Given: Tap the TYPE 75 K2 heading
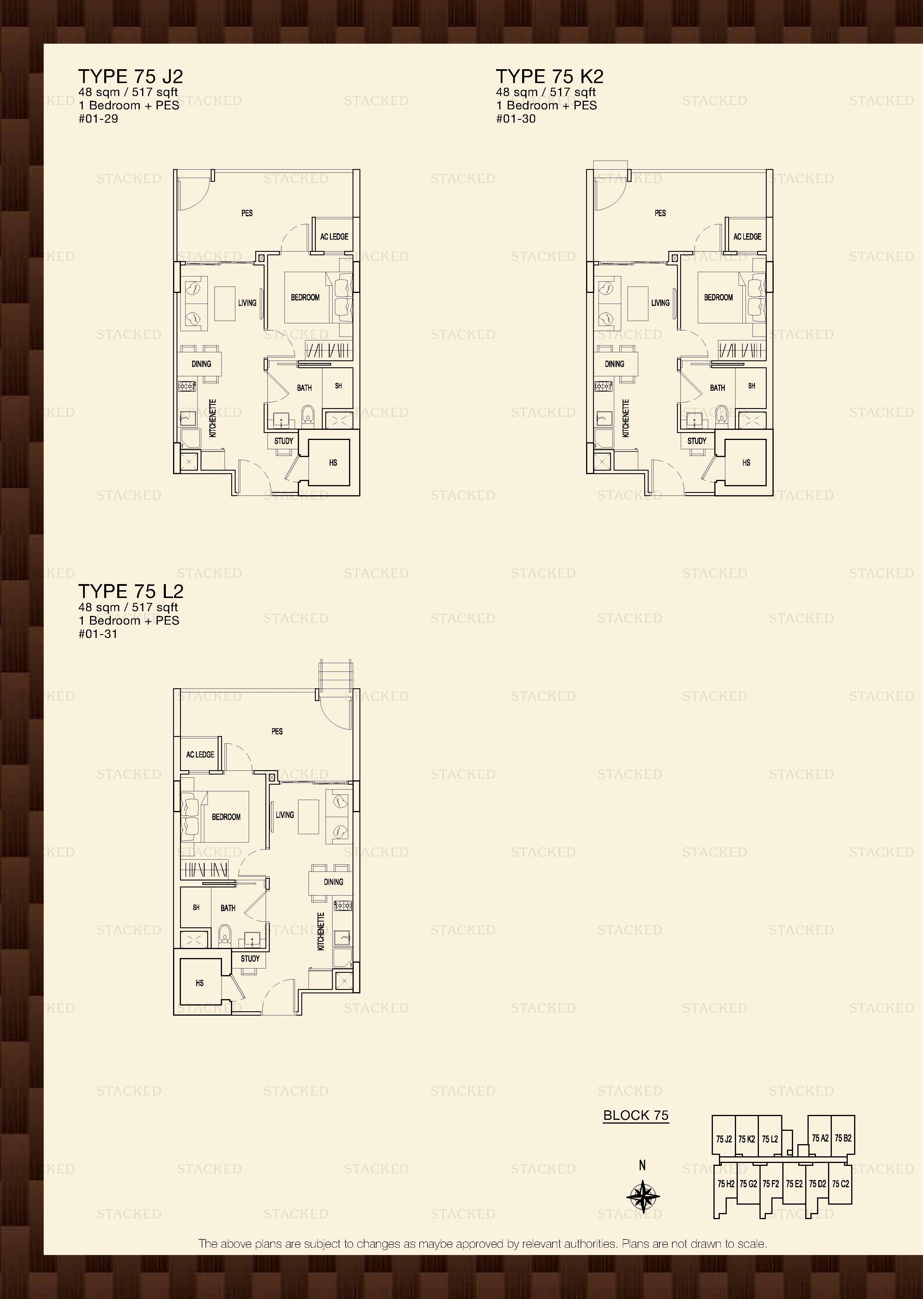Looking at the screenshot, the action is point(550,76).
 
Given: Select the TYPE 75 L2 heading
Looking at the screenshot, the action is point(131,592).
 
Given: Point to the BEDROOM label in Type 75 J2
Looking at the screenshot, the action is point(305,297).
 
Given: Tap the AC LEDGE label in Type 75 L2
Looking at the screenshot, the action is point(200,755).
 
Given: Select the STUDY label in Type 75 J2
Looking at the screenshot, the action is point(284,441).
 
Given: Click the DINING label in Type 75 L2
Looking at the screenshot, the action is point(334,882).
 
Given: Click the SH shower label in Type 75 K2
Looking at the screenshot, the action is point(751,386).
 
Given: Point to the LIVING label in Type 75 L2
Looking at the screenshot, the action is point(285,815).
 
